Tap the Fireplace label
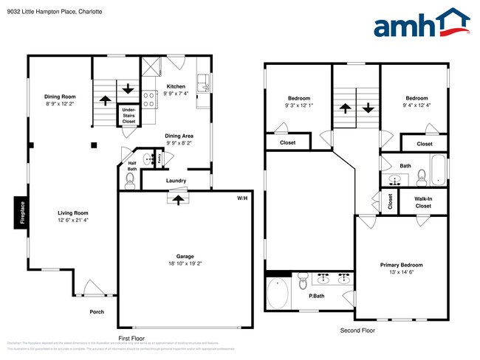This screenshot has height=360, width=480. (x=22, y=212)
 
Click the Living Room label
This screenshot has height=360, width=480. (x=74, y=212)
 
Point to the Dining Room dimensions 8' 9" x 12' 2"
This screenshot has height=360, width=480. (x=60, y=104)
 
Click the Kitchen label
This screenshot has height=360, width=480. (x=176, y=86)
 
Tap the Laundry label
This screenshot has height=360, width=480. (x=176, y=181)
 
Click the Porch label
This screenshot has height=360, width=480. (x=97, y=311)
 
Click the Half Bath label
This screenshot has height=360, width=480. (x=132, y=166)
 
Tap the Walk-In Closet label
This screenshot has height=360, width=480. (x=422, y=201)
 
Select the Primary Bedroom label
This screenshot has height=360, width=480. (x=401, y=265)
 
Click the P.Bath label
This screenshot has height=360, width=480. (x=317, y=296)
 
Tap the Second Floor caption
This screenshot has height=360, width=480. (x=357, y=330)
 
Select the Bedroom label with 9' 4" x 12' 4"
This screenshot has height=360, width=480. (x=416, y=98)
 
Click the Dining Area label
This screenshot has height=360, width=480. (x=179, y=136)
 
